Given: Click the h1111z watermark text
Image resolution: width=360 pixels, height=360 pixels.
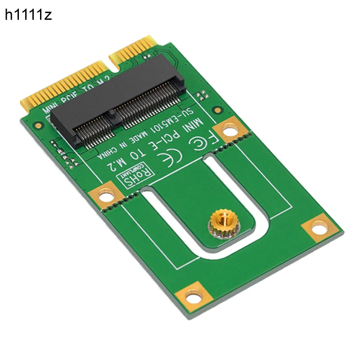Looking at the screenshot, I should (28, 15).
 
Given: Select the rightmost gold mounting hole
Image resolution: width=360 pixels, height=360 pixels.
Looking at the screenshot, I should (320, 228).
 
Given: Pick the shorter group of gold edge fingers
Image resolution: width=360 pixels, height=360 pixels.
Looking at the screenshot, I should (134, 48).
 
